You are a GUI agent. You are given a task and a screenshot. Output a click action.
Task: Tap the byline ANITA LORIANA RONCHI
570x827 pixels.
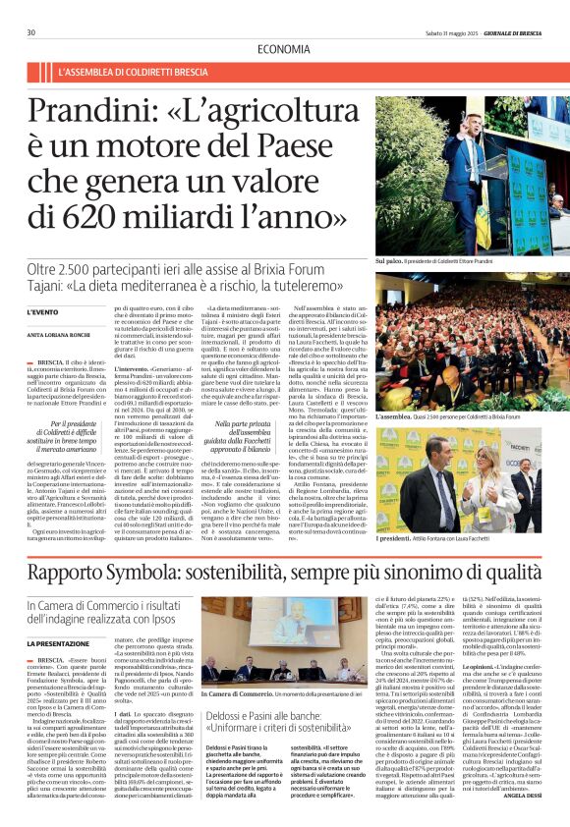[93, 333]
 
